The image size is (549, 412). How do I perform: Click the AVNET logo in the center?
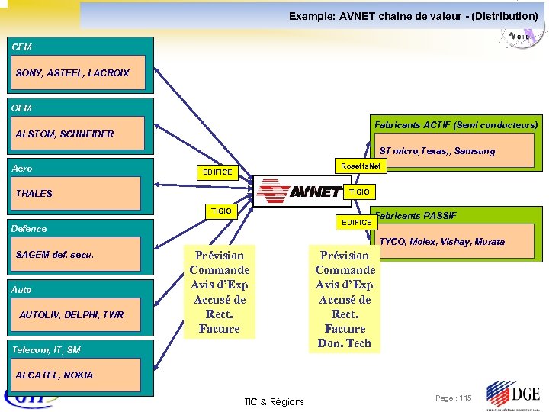[299, 191]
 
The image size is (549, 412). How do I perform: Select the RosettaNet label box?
[361, 166]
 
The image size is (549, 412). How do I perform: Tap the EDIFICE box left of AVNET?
[217, 172]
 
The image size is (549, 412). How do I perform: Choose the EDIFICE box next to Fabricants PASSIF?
[357, 222]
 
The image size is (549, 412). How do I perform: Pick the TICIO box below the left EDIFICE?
[221, 210]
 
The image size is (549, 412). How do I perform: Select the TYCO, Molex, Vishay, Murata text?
[441, 242]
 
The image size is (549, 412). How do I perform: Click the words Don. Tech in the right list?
[345, 343]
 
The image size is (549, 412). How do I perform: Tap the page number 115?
[453, 398]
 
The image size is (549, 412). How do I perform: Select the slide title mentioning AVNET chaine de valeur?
[413, 16]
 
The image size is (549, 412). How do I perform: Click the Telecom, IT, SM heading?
[47, 349]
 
